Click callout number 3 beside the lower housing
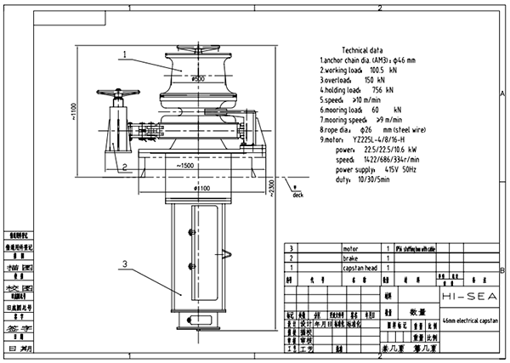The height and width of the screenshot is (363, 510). coord(122,264)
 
